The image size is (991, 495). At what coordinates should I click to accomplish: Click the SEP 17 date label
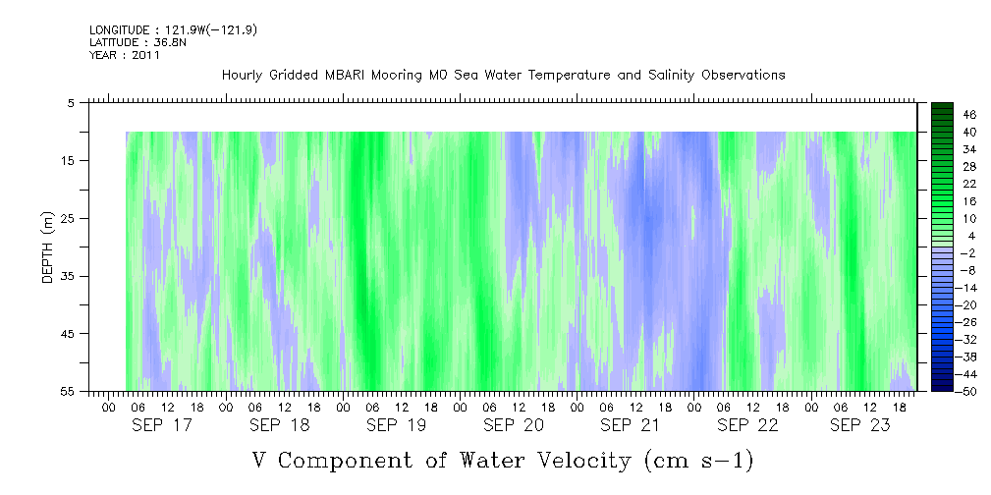(162, 425)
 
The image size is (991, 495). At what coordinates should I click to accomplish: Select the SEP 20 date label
(514, 425)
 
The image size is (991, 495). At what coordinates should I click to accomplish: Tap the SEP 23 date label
(860, 425)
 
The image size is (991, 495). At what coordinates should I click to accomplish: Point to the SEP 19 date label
(396, 425)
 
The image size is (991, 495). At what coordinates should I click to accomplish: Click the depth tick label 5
(71, 102)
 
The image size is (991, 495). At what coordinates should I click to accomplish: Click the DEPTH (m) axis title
(48, 247)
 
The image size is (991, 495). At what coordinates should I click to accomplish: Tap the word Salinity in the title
(671, 76)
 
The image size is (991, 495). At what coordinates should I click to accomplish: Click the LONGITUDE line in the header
(173, 30)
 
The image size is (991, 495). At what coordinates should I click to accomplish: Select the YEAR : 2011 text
(125, 55)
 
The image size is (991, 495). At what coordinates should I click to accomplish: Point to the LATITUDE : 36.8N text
(138, 43)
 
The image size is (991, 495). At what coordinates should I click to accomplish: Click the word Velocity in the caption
(578, 461)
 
